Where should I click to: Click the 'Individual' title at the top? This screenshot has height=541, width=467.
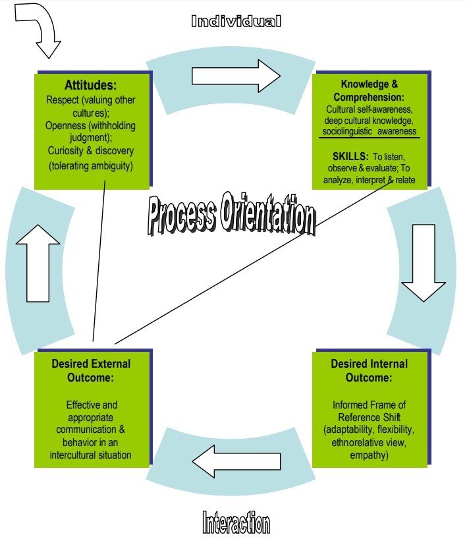[x=236, y=21]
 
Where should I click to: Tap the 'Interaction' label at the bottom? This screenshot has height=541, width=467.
[x=235, y=523]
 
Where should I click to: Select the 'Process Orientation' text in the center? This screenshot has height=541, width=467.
[x=231, y=215]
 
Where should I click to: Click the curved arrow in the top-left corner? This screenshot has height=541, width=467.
[x=40, y=30]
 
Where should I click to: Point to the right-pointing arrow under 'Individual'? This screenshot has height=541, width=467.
[x=236, y=75]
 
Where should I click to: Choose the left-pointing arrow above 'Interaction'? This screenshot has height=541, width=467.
[x=236, y=461]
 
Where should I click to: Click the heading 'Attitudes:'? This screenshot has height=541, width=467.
[x=90, y=85]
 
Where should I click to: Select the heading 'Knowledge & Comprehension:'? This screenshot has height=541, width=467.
[x=369, y=90]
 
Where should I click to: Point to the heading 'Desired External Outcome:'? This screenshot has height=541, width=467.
[x=91, y=370]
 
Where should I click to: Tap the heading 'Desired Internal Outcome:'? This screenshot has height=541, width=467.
[x=369, y=370]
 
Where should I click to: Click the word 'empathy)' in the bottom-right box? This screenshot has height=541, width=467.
[x=369, y=454]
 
